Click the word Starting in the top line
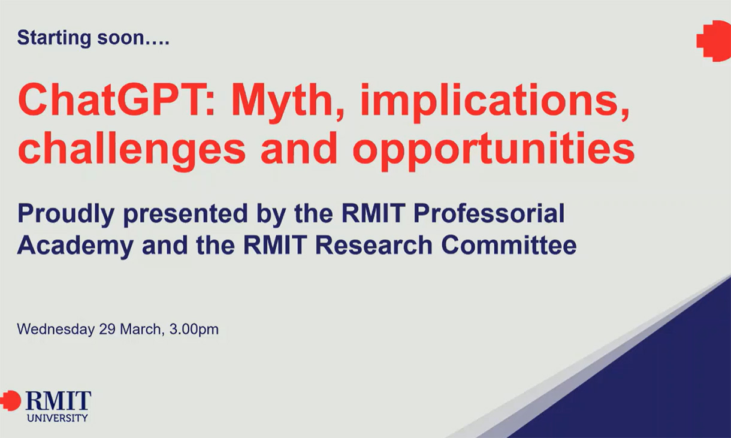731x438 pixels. (52, 38)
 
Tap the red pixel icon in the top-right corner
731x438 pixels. (714, 40)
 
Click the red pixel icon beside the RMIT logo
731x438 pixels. (10, 400)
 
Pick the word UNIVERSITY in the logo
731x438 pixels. (58, 418)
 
